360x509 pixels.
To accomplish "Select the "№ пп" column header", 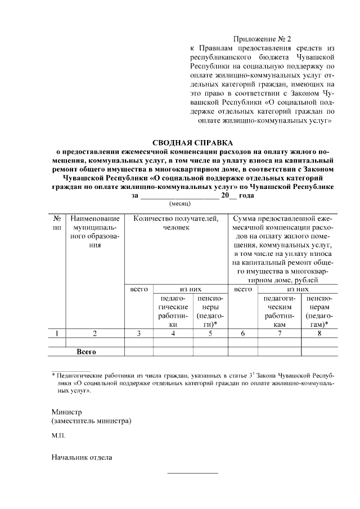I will click(57, 222).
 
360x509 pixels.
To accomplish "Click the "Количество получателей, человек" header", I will click(176, 222).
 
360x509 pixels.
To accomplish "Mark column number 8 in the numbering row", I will click(319, 334).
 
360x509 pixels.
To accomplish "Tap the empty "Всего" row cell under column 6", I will click(243, 352).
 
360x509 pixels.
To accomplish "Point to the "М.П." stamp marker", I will click(58, 436).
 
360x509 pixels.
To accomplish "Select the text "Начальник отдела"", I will click(82, 457).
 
